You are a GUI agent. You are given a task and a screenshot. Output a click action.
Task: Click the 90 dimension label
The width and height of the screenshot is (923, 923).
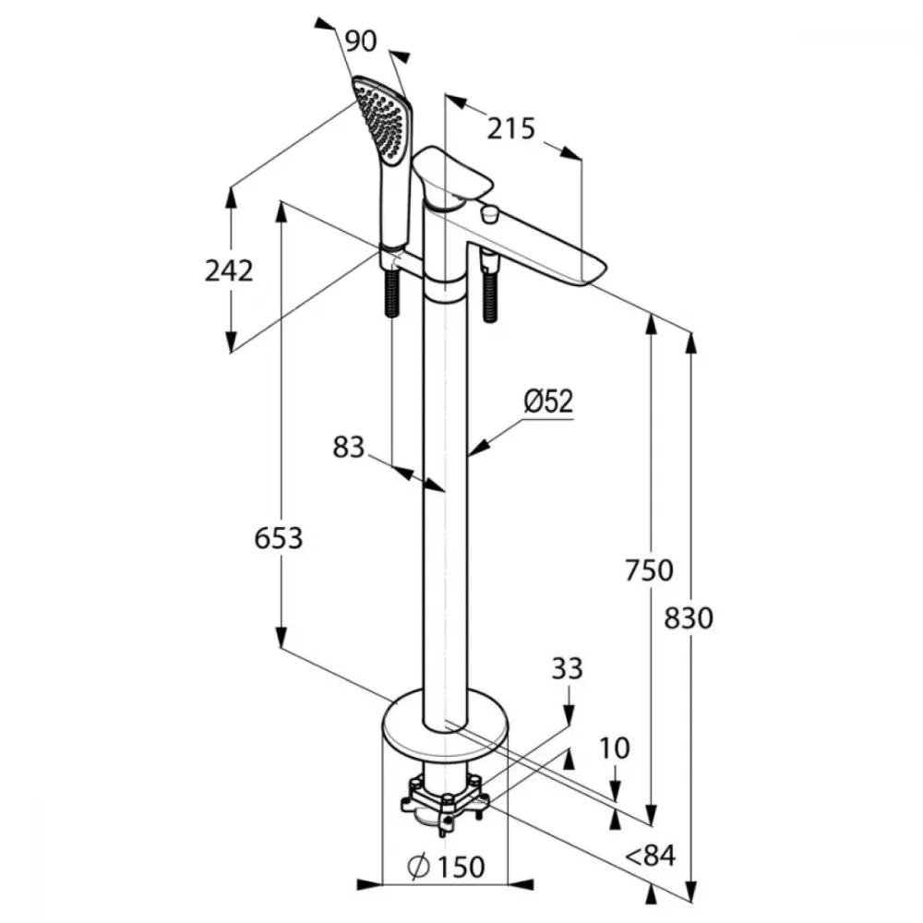coord(360,42)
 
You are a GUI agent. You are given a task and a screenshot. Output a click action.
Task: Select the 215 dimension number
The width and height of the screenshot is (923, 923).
coord(511,129)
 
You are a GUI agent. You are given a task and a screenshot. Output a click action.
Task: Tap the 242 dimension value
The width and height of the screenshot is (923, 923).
coord(229,270)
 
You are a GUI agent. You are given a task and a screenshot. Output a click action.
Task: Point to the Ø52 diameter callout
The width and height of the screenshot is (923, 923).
coord(548,402)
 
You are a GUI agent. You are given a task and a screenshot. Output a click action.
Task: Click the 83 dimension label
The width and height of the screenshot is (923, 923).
coord(349,448)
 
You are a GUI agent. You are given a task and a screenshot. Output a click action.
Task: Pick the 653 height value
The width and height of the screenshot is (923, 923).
coord(279,538)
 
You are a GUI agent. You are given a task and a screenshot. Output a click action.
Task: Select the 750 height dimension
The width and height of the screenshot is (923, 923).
coord(649,570)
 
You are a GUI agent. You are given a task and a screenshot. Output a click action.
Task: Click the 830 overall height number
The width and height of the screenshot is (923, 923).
coord(689,618)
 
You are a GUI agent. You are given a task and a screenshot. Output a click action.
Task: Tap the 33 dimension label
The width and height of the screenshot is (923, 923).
coord(568,668)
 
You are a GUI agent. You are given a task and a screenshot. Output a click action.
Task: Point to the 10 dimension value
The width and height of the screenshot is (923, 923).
coord(615,749)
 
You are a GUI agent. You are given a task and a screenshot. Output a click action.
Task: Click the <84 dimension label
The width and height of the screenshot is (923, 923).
coord(651,856)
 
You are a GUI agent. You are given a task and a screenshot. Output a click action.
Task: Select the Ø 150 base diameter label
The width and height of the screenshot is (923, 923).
coord(446,866)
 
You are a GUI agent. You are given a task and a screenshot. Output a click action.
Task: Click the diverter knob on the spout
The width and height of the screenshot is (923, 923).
coord(488,213)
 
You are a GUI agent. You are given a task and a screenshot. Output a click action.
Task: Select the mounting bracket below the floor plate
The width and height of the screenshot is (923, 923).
coord(445,802)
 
